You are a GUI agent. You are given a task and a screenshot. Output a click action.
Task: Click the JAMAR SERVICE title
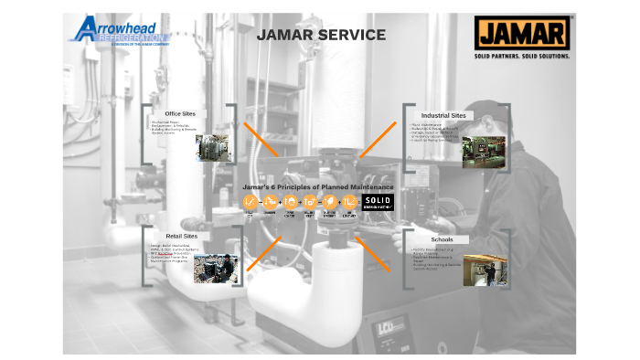pos(320,36)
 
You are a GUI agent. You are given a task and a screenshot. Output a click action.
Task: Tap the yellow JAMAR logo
pos(523,34)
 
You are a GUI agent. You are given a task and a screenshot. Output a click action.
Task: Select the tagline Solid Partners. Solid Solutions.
pos(523,56)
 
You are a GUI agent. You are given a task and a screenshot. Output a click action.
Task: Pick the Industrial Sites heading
pos(445,116)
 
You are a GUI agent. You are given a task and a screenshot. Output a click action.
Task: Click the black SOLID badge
pos(378,203)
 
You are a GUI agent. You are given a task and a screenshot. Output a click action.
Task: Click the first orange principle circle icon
pos(250,203)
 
